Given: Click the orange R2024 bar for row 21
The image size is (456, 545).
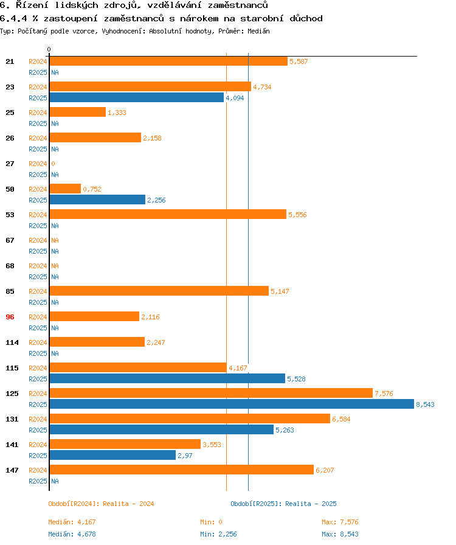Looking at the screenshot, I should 168,61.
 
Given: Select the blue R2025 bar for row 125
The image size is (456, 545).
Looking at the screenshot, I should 232,404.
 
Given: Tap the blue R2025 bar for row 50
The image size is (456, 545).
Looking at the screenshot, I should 97,200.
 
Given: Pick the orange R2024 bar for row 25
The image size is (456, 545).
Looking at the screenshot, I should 77,113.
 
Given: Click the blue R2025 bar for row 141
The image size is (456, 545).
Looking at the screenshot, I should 112,455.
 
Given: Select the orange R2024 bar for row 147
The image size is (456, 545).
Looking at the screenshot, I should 181,470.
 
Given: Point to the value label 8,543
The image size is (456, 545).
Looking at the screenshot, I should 426,404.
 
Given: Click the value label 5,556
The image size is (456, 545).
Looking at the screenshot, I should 298,215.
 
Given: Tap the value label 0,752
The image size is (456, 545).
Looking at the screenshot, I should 92,189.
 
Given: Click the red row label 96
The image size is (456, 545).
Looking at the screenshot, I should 10,317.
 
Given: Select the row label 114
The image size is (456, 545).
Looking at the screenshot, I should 12,342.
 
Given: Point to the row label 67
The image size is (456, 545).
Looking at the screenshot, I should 10,240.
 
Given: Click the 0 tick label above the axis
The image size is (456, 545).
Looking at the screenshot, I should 49,50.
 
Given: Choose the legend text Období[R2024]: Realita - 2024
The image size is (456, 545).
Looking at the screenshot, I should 101,504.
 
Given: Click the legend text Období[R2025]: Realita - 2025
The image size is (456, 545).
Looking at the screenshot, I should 283,504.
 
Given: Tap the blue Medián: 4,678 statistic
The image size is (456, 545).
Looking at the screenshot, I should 72,534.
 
